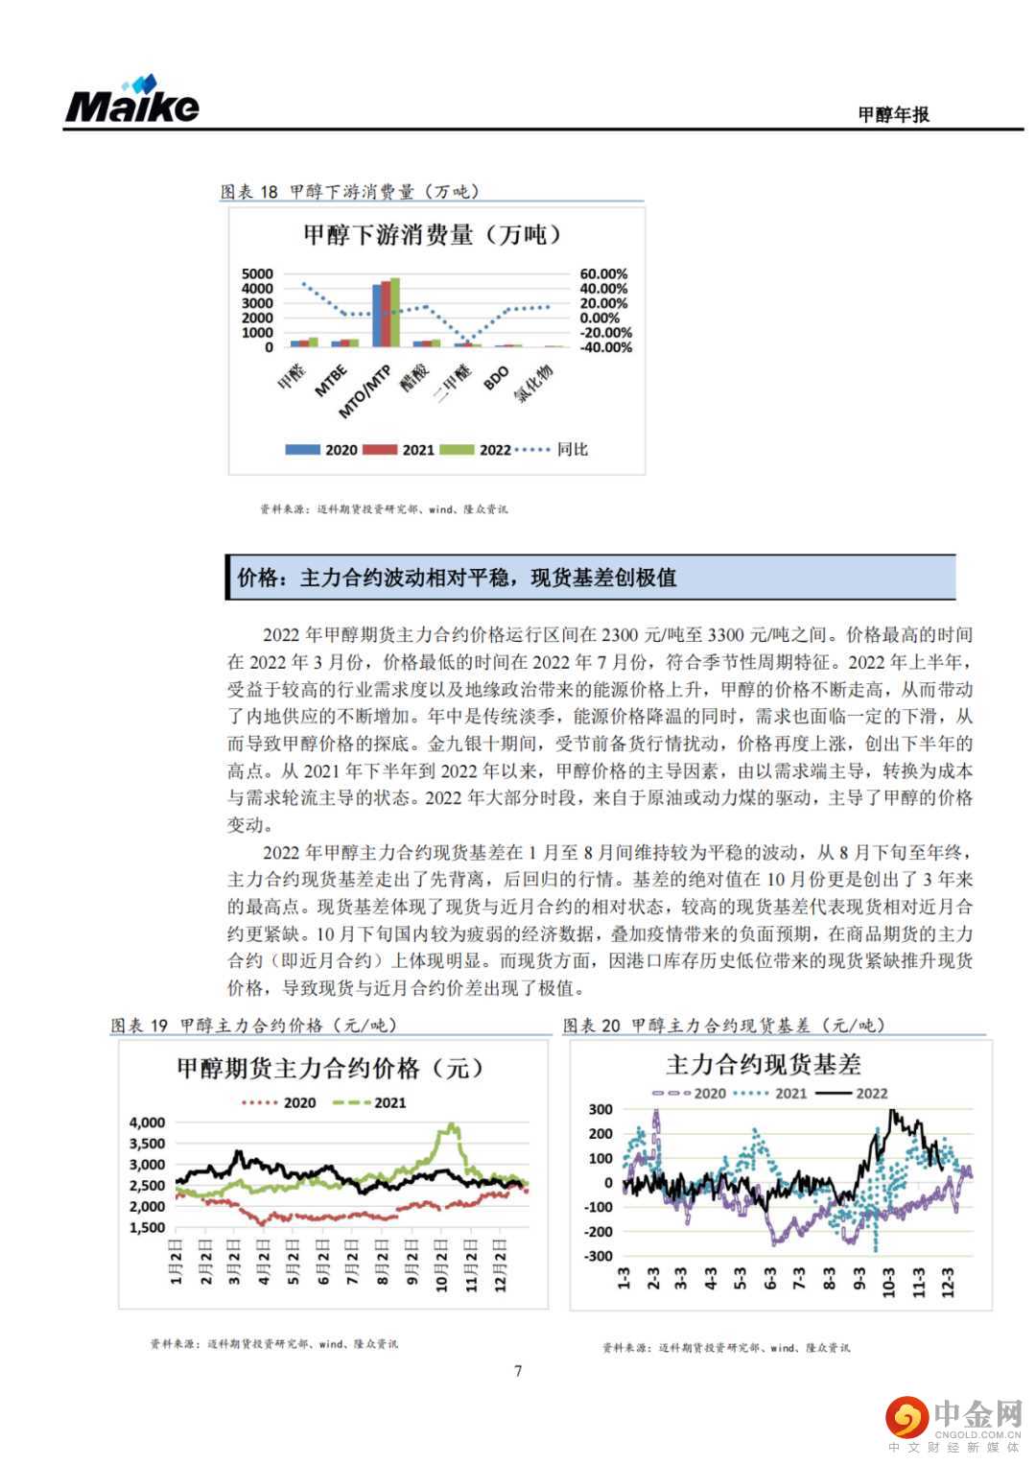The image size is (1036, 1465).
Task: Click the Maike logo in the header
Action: click(x=132, y=101)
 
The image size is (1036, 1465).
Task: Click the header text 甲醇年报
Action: click(x=893, y=114)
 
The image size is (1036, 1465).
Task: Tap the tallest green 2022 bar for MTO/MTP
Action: click(x=395, y=312)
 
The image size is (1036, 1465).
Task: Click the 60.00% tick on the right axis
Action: click(x=603, y=274)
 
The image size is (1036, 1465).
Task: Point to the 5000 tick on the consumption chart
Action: click(x=257, y=274)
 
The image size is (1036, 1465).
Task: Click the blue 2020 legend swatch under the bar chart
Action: click(x=302, y=450)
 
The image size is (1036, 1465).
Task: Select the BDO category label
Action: click(x=496, y=379)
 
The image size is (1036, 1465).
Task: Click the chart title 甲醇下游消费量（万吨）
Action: click(x=434, y=234)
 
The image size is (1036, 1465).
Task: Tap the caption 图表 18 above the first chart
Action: click(x=249, y=192)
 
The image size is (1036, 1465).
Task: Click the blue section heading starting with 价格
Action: click(x=457, y=578)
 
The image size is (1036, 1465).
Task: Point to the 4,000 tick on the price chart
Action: click(x=147, y=1122)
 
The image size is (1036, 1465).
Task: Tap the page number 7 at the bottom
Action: click(x=518, y=1371)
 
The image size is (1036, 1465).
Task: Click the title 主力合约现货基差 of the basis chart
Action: click(x=764, y=1065)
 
